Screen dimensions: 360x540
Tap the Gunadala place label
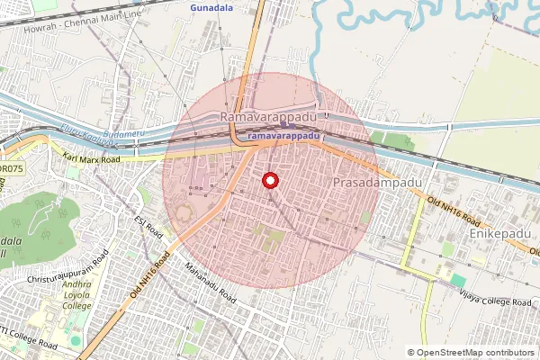click(x=212, y=7)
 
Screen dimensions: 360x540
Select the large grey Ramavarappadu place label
click(x=269, y=118)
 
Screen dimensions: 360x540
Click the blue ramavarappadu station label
click(x=283, y=136)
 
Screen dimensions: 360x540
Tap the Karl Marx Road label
click(x=92, y=159)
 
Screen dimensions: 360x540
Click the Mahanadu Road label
click(x=210, y=282)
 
